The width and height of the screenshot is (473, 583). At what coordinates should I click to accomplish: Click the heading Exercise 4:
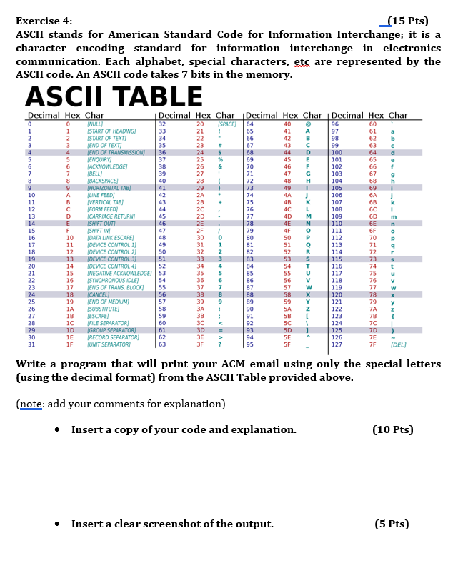44,21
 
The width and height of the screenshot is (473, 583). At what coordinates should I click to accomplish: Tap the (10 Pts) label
392,429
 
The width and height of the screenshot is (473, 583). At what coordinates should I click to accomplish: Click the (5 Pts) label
392,524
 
